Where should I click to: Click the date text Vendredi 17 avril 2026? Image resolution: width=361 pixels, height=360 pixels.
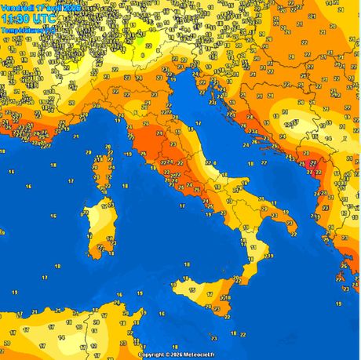click(x=40, y=7)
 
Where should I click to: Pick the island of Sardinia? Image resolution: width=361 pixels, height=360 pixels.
click(x=98, y=227)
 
